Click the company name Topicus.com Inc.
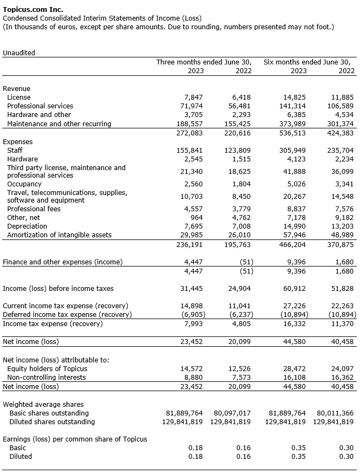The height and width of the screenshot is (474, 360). click(x=33, y=9)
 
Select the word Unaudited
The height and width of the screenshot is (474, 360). click(x=19, y=53)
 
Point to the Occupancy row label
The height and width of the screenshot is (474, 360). click(x=24, y=184)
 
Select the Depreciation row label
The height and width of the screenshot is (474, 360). click(x=27, y=226)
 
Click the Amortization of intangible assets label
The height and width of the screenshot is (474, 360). click(x=59, y=235)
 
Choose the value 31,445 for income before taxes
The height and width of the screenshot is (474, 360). click(x=191, y=289)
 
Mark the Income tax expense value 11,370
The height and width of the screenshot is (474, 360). click(x=342, y=324)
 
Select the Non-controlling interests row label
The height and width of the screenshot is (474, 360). click(x=46, y=378)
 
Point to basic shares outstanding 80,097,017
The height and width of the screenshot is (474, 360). click(x=230, y=413)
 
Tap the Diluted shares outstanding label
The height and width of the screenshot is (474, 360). click(x=52, y=422)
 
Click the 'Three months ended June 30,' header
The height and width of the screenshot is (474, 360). click(x=204, y=62)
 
